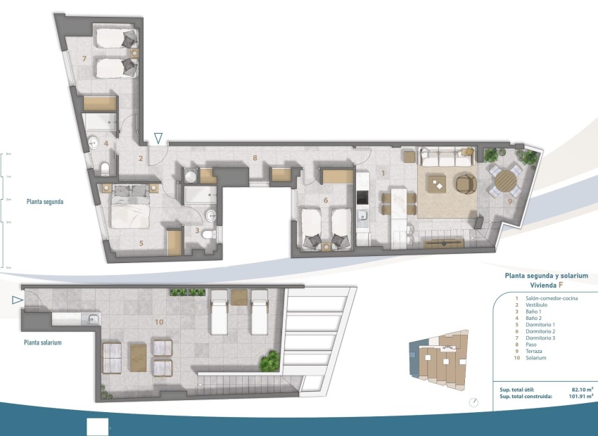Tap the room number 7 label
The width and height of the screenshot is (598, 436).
(84, 58)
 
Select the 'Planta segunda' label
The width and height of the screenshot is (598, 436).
(45, 201)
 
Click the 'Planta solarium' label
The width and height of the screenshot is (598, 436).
(43, 342)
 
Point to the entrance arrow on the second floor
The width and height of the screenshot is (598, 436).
(160, 139)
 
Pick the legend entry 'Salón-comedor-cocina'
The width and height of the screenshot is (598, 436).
(551, 298)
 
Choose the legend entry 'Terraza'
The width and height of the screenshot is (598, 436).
(535, 351)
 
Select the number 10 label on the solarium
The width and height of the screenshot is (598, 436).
(159, 321)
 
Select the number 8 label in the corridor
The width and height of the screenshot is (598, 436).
(255, 158)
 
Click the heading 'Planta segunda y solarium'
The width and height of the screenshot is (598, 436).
(546, 276)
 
